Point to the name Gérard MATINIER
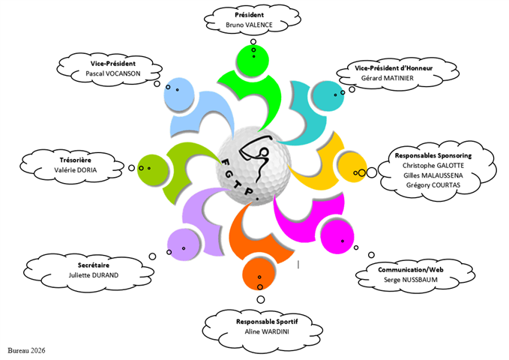pyautogui.click(x=395, y=78)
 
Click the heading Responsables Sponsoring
pyautogui.click(x=433, y=154)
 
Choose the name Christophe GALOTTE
pyautogui.click(x=433, y=165)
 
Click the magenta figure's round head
pyautogui.click(x=337, y=238)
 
